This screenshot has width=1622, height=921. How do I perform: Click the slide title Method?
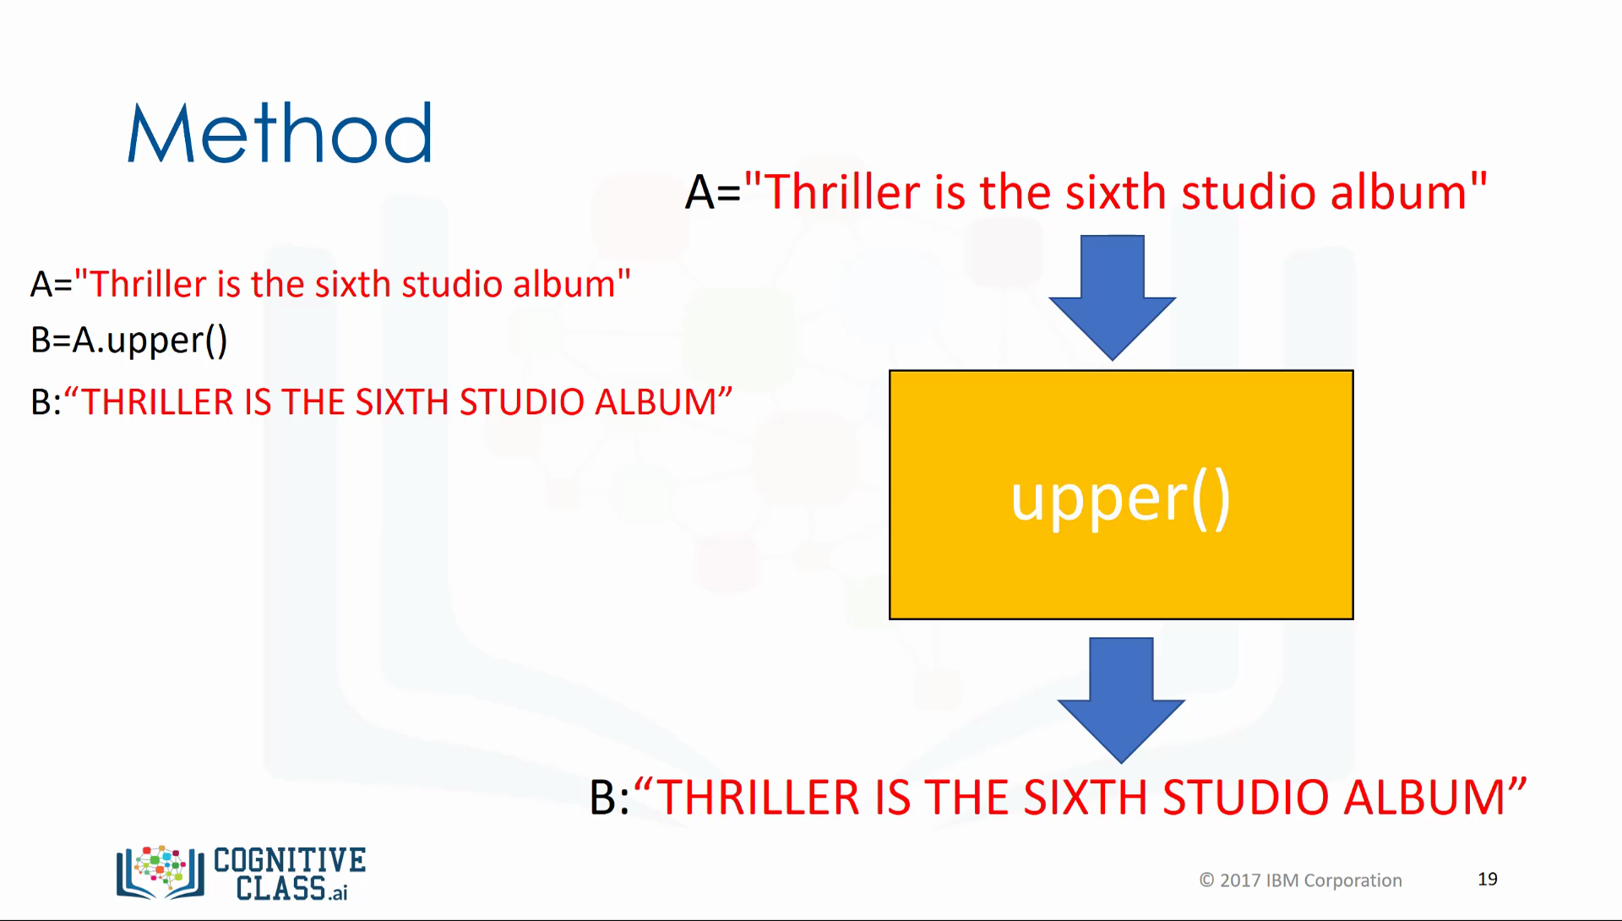coord(280,134)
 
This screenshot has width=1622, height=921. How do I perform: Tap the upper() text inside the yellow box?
coord(1121,499)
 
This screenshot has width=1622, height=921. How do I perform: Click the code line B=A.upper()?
coord(129,341)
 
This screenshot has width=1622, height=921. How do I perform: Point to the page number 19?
coord(1488,880)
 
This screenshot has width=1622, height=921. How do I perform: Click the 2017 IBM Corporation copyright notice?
coord(1301,880)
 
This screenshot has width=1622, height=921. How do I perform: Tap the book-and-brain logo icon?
coord(161,872)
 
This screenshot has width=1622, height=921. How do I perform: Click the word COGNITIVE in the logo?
coord(290,861)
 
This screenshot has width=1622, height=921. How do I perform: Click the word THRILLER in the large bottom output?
coord(759,798)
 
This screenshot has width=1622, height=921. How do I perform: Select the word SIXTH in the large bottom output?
coord(1085,798)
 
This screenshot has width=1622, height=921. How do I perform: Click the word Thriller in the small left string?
coord(148,285)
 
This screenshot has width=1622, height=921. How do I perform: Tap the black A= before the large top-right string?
coord(712,193)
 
